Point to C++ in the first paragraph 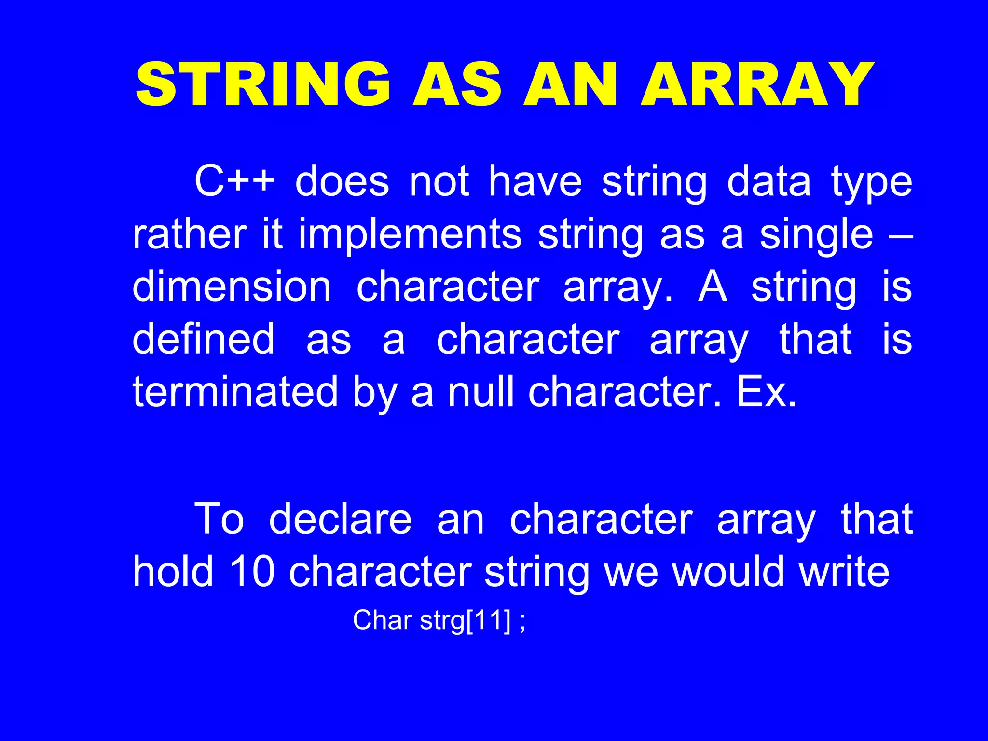click(x=234, y=182)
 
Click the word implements click(x=410, y=235)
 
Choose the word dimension click(x=232, y=287)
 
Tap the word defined click(x=203, y=339)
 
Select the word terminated click(x=235, y=392)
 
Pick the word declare click(x=340, y=520)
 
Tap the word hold click(x=173, y=572)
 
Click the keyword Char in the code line click(x=382, y=620)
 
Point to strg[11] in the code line click(x=465, y=621)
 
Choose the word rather click(x=189, y=235)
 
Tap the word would click(x=728, y=572)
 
